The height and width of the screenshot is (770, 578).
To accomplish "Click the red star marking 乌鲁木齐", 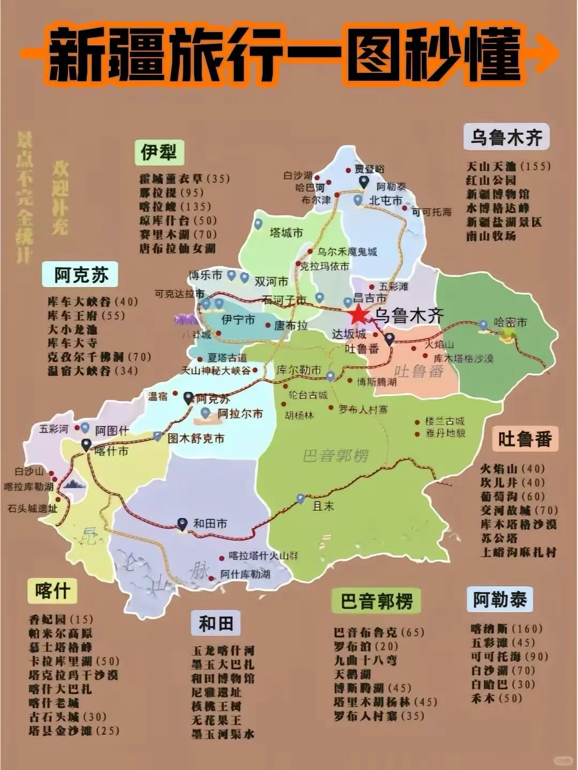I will (359, 315).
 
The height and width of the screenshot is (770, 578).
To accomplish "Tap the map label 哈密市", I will (510, 322).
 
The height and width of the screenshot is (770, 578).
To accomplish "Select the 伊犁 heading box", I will (159, 153).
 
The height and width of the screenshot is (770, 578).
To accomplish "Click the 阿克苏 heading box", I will (81, 275).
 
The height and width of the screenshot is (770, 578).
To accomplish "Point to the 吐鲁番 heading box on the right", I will (524, 439).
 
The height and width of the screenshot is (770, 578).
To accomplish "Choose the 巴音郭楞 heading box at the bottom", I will (376, 602).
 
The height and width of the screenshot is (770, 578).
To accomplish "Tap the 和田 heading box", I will (216, 623).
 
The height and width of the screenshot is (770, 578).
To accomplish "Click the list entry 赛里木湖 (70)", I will (178, 234).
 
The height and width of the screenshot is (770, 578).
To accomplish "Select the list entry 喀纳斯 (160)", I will (506, 629).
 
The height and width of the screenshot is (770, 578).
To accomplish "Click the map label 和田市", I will (210, 524).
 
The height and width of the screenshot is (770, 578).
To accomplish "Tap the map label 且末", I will (323, 506).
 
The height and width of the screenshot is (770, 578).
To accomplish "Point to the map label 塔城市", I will (286, 233).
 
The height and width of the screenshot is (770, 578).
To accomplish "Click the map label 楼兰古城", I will (445, 421).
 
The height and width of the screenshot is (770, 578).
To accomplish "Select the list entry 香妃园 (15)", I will (60, 620).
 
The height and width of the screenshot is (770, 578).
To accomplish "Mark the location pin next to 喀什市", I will (86, 444).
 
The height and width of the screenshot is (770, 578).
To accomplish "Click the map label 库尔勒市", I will (299, 370).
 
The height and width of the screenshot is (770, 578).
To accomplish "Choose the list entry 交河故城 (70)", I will (519, 511).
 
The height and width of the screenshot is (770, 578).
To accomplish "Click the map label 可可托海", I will (431, 212).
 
